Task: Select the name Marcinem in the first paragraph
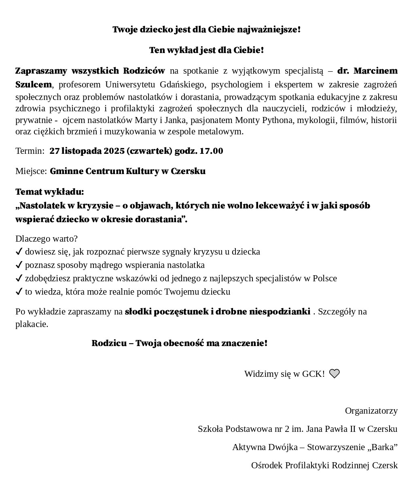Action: [375, 71]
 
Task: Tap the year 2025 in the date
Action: [114, 151]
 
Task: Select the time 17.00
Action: [212, 151]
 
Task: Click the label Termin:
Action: [30, 151]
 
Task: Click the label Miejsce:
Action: [31, 171]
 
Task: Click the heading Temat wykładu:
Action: [50, 191]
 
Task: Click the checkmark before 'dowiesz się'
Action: [19, 252]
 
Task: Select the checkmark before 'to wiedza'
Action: [19, 292]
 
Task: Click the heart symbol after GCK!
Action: [334, 374]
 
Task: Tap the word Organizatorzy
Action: [371, 411]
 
